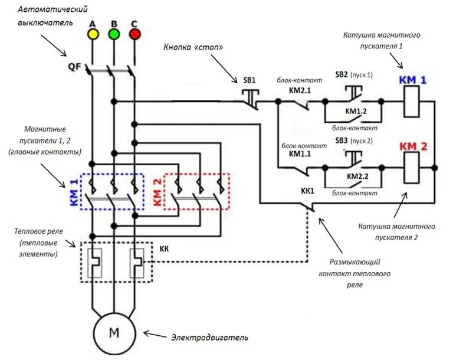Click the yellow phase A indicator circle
point(93,34)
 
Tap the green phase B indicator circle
point(114,34)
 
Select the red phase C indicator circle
point(134,34)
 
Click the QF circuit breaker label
point(74,66)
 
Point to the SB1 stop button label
point(250,80)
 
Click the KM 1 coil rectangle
point(412,102)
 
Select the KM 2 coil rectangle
point(412,168)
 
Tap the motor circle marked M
point(114,333)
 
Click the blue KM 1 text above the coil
point(412,80)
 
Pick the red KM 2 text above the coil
point(413,146)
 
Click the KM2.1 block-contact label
point(300,90)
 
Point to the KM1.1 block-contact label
point(300,153)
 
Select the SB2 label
point(342,74)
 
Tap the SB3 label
point(342,140)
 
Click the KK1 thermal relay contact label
point(307,191)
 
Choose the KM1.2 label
point(356,111)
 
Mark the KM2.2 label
point(357,176)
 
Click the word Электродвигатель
point(209,338)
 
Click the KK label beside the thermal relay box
point(164,248)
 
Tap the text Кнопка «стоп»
point(193,47)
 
